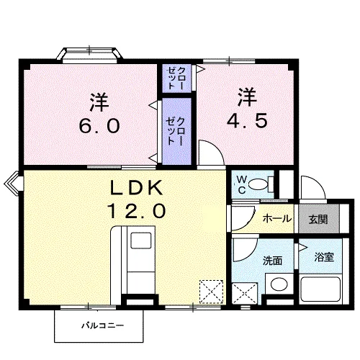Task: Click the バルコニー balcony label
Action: click(x=100, y=326)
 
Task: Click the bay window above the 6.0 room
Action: click(x=89, y=55)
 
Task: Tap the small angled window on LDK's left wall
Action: click(x=14, y=184)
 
